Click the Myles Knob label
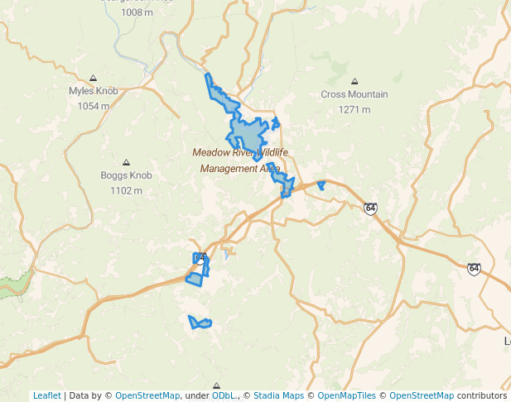93,91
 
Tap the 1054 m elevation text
93,106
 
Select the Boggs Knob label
126,175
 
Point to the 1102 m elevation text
126,190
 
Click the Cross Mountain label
354,94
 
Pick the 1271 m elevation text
354,109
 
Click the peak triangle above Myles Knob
93,77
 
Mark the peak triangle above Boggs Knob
126,162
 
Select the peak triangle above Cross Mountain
354,81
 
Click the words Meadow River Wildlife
240,152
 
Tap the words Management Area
240,168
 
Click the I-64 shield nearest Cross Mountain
370,208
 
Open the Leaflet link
46,395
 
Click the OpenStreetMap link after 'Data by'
147,395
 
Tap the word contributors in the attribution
482,395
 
